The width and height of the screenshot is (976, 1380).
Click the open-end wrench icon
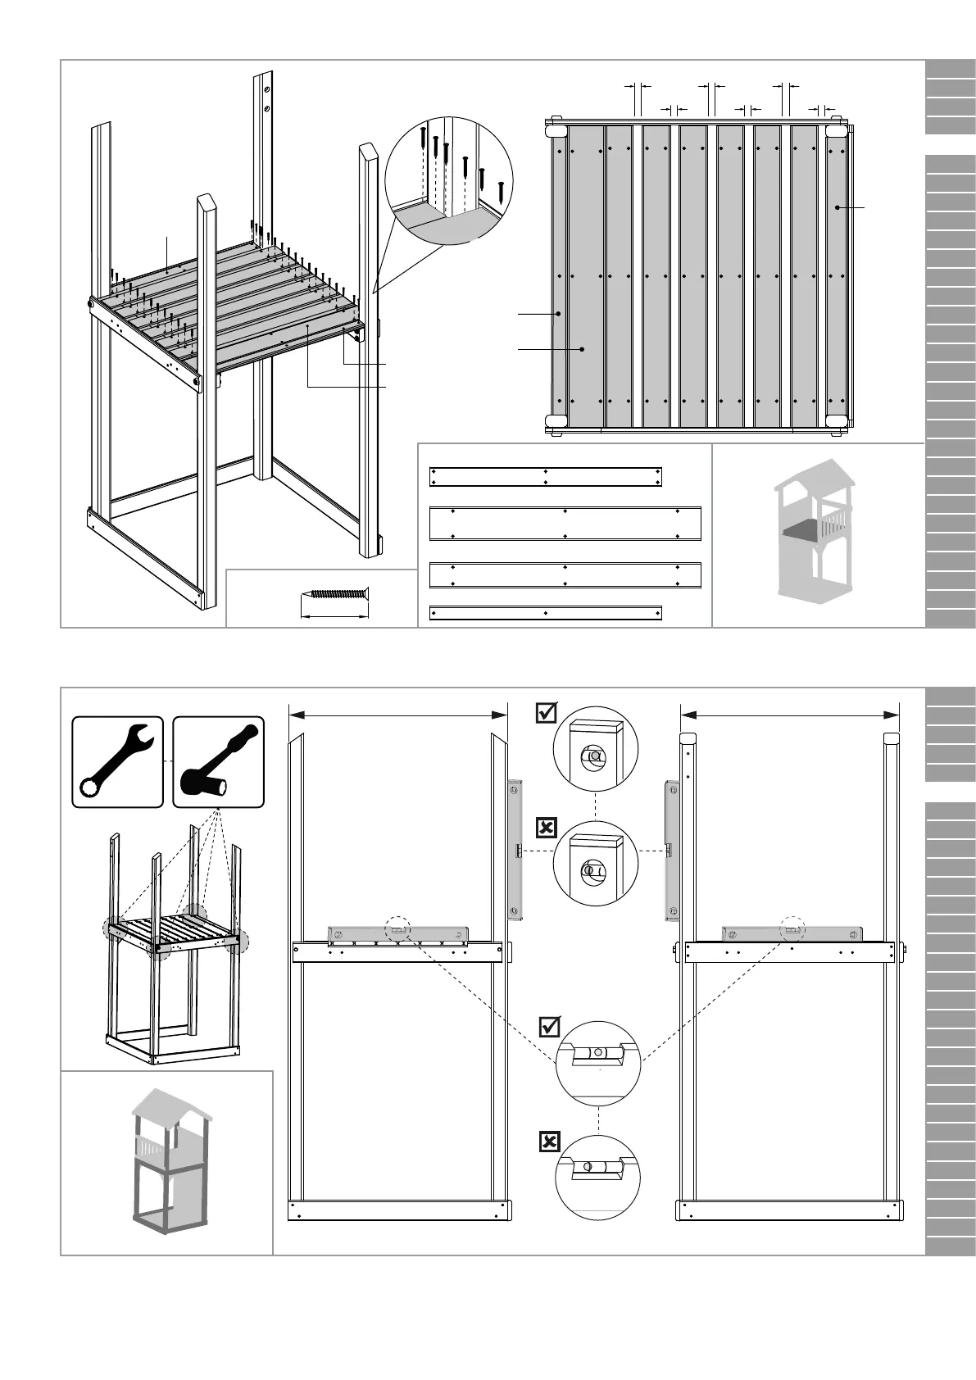(116, 761)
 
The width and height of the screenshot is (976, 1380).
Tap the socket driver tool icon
(218, 761)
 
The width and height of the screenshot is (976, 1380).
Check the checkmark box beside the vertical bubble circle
(547, 714)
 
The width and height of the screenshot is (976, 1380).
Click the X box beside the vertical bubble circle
(547, 828)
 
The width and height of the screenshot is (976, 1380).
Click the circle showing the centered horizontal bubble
(597, 1063)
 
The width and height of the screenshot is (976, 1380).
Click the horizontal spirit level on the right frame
(792, 933)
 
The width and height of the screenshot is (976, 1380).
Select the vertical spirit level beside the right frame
(671, 850)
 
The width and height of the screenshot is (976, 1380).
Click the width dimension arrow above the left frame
(398, 715)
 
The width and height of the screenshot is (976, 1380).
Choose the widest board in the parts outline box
(565, 524)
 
